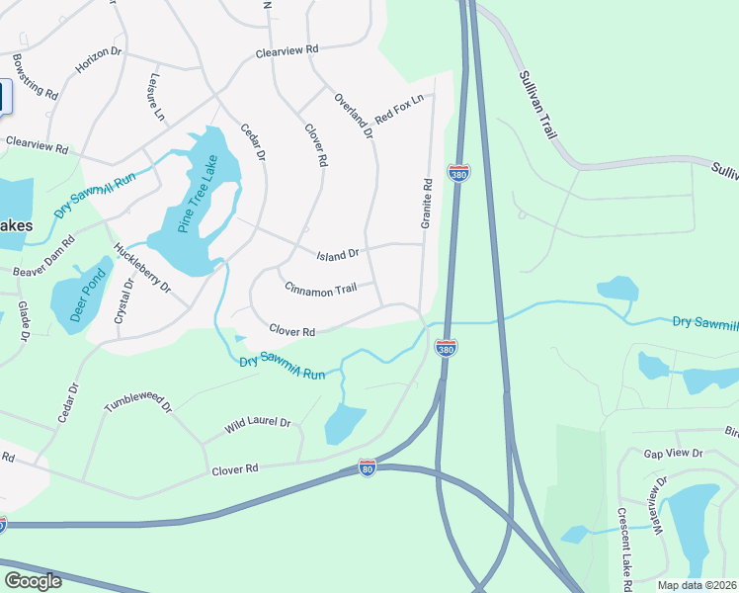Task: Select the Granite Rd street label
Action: click(x=427, y=204)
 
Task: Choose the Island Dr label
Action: click(x=337, y=255)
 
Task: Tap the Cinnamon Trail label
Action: click(x=319, y=289)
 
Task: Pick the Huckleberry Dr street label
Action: click(x=142, y=269)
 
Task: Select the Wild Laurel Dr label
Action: click(x=257, y=423)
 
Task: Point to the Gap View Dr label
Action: click(x=672, y=453)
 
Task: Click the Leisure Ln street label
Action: click(x=156, y=97)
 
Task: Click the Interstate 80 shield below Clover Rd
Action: click(x=368, y=466)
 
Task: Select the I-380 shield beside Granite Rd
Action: click(x=457, y=174)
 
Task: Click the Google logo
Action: click(x=33, y=581)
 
